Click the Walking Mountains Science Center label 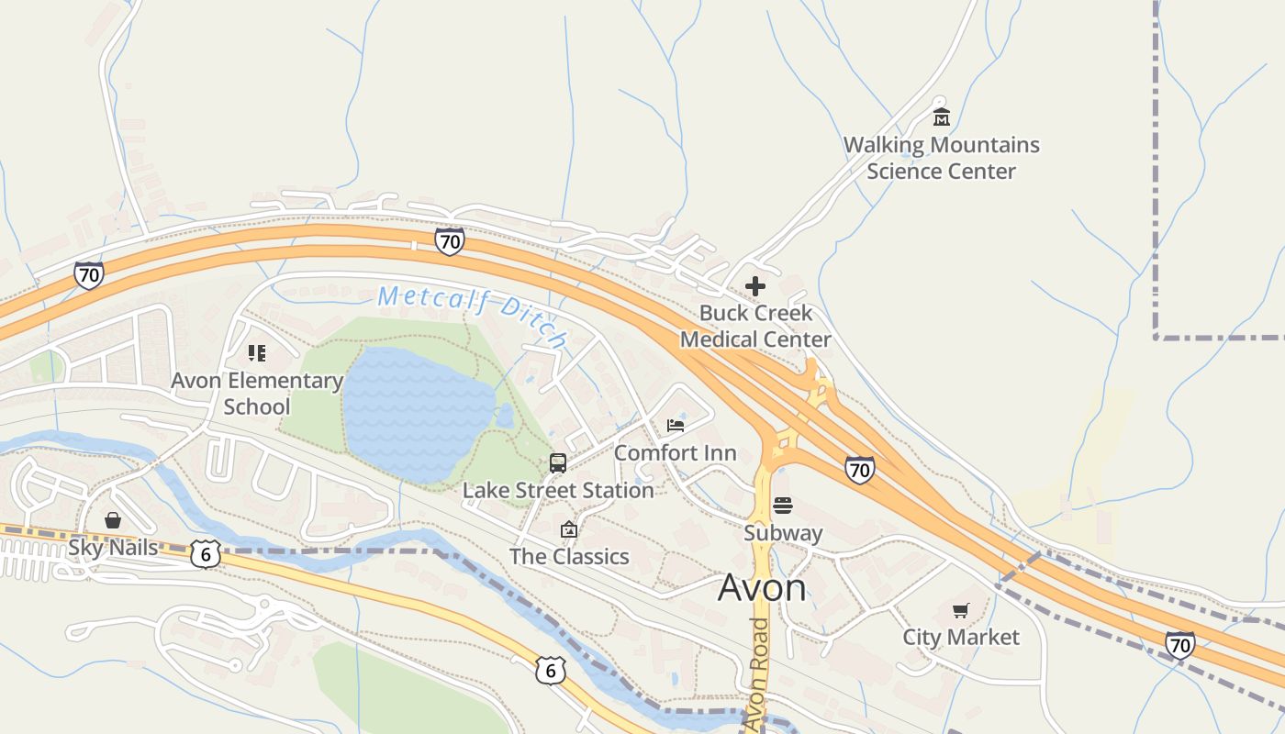coord(941,158)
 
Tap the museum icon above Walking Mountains coord(941,117)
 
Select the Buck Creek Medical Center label coord(755,326)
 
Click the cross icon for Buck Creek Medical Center coord(755,286)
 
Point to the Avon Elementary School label coord(257,393)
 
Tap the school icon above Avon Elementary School coord(257,353)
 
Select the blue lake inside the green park coord(418,413)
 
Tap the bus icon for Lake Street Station coord(558,462)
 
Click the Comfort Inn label coord(675,453)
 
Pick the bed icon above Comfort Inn coord(676,426)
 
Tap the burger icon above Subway coord(783,506)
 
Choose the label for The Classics coord(569,557)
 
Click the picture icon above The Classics coord(569,529)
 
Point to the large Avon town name coord(762,587)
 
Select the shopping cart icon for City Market coord(961,611)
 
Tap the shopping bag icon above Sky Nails coord(113,521)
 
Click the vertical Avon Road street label coord(758,674)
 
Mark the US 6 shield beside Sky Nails coord(206,553)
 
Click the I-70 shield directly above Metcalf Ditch coord(449,241)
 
